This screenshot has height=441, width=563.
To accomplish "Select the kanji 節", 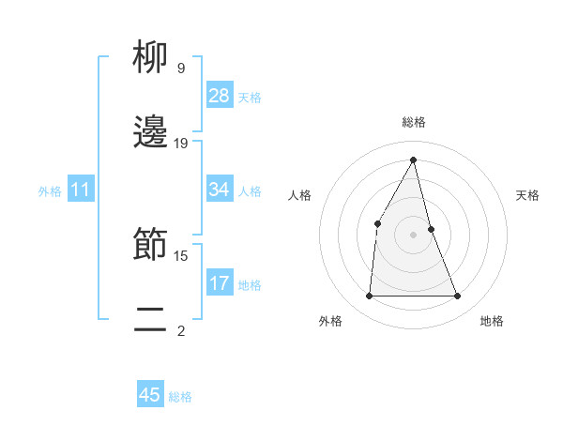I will point(150,245).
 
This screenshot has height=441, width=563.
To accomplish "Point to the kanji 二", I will point(150,320).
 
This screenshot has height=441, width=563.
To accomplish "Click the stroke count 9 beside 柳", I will point(181,68).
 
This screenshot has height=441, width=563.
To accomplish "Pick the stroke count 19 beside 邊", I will point(181,144).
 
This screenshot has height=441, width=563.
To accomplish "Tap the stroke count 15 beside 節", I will point(181,255).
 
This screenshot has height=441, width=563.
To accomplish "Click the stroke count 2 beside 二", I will point(181,330).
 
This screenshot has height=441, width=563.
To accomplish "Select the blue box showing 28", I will point(220,96).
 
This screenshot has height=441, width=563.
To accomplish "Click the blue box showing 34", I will point(220,190).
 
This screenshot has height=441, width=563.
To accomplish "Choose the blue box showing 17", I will point(220,282).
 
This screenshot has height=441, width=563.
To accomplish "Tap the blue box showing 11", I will point(81,190).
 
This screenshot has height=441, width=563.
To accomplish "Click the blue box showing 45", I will point(150,395).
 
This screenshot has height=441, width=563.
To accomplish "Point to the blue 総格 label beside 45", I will point(180,397).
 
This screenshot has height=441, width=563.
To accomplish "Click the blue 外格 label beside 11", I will point(50,190).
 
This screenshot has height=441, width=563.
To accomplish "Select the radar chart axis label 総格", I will point(414,122).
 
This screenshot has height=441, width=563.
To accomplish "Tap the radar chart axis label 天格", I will point(528,195).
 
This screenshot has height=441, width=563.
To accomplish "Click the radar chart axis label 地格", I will point(492,321).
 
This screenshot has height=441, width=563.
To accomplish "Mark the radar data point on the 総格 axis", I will point(414,160).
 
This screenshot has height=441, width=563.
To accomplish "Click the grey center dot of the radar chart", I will point(414,234).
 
